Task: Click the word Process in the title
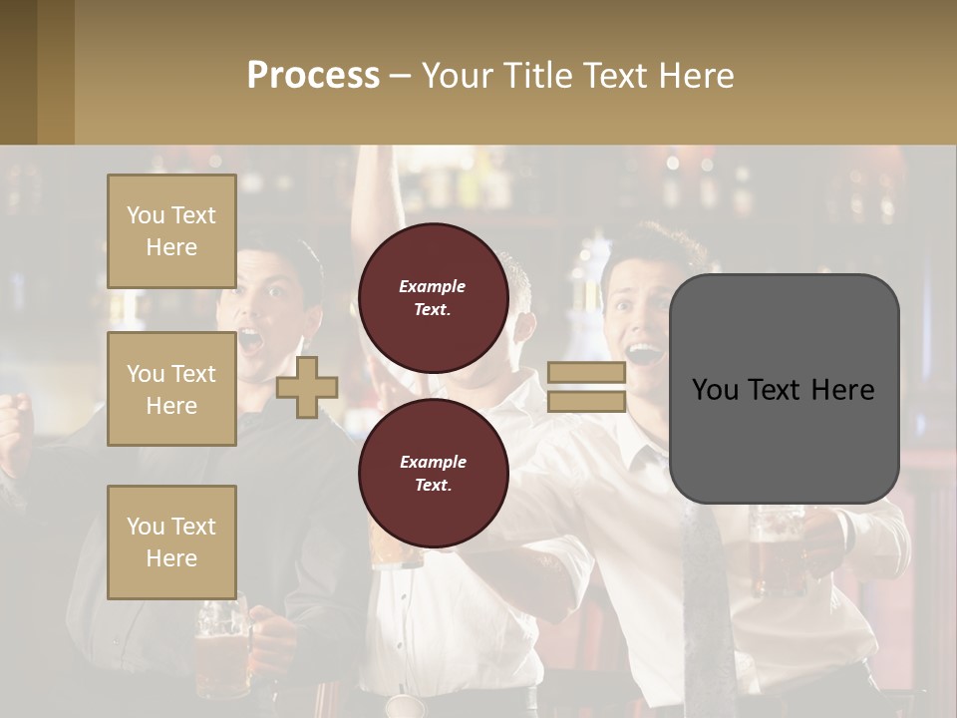313,76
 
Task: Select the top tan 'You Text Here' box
171,231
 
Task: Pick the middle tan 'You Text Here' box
171,389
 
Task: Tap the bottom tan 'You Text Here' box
171,542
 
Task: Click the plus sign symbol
307,387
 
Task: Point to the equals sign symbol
586,387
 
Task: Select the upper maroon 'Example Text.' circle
433,297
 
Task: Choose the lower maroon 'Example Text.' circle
433,473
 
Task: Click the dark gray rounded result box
784,389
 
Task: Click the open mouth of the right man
643,354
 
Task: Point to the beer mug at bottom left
221,643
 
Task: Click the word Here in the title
696,76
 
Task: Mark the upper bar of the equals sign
586,373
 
